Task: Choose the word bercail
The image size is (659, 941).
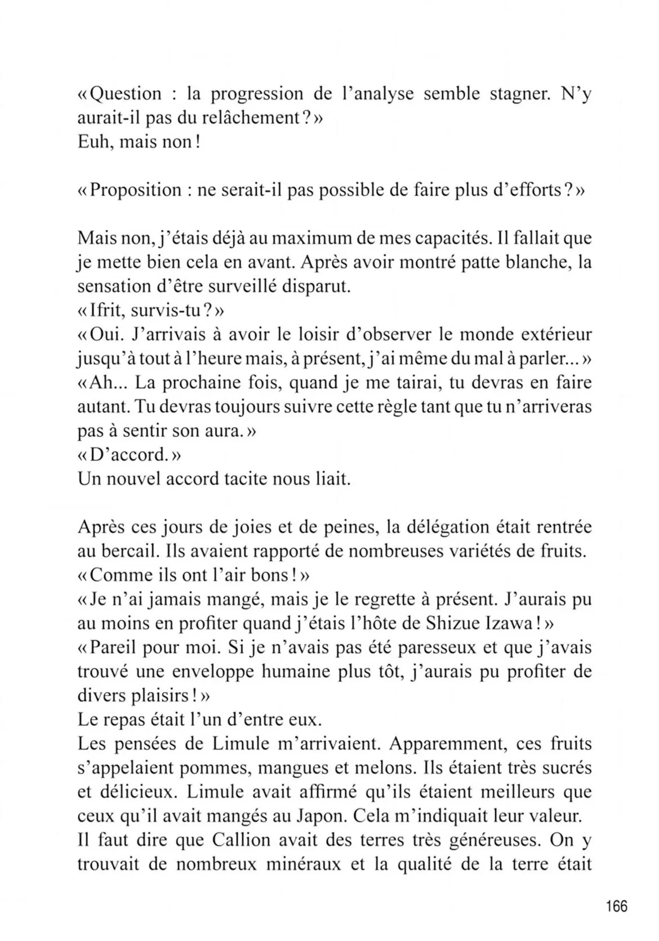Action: tap(124, 551)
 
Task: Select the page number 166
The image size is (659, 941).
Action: tap(617, 907)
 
